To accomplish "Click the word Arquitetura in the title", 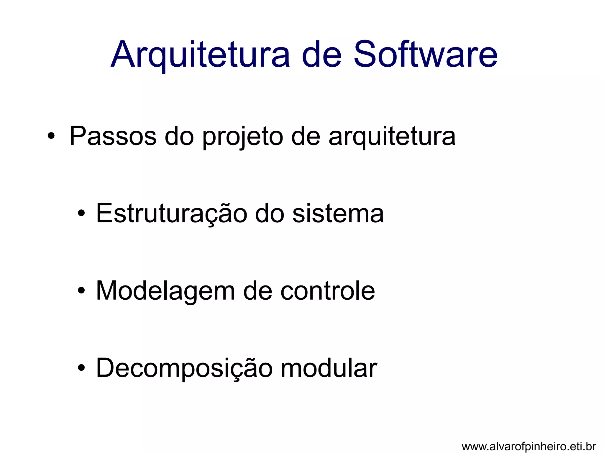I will (x=201, y=55).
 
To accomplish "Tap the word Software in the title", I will (x=425, y=55).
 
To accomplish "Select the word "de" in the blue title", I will (x=321, y=55).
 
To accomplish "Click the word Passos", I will (x=113, y=136).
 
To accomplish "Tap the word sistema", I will (x=338, y=214).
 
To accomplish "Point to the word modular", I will (x=329, y=368).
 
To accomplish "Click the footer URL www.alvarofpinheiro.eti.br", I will (x=529, y=447).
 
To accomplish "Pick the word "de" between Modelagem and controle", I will (x=257, y=291).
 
